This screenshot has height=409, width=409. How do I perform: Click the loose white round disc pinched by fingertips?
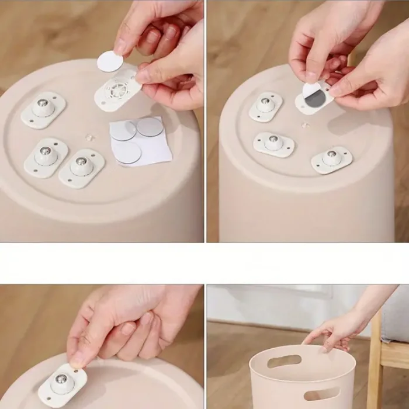pyautogui.click(x=109, y=61)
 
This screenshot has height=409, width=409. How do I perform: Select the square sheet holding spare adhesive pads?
pyautogui.click(x=140, y=142)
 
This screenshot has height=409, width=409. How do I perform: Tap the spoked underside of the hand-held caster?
pyautogui.click(x=119, y=91)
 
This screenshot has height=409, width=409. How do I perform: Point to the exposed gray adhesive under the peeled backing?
pyautogui.click(x=315, y=99)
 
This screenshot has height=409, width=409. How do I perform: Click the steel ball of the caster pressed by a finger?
pyautogui.click(x=61, y=380)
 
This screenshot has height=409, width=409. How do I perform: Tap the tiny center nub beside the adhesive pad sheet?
pyautogui.click(x=89, y=137)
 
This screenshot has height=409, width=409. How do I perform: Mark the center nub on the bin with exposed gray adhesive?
pyautogui.click(x=304, y=124)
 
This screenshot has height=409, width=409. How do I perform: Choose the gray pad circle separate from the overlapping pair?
pyautogui.click(x=127, y=153)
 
